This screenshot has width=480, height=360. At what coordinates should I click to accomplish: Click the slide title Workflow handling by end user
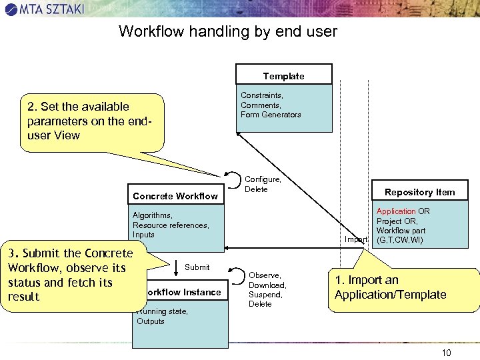pyautogui.click(x=228, y=31)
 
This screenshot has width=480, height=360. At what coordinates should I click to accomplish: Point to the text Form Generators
pyautogui.click(x=271, y=115)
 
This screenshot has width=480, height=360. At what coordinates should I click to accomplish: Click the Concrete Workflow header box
pyautogui.click(x=175, y=195)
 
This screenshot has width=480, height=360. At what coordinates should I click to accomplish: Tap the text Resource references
pyautogui.click(x=171, y=225)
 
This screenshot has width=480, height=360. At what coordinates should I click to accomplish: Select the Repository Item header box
pyautogui.click(x=419, y=191)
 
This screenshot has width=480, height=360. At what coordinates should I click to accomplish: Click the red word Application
pyautogui.click(x=396, y=211)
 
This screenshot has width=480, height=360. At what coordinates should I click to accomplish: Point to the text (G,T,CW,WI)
pyautogui.click(x=400, y=240)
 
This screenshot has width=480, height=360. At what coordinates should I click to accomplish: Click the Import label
pyautogui.click(x=356, y=239)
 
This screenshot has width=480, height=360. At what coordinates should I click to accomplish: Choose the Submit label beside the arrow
pyautogui.click(x=197, y=267)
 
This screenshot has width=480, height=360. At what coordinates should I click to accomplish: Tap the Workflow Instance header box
pyautogui.click(x=181, y=292)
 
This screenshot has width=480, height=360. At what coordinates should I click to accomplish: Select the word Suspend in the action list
pyautogui.click(x=265, y=294)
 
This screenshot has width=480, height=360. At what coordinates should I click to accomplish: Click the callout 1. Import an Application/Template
pyautogui.click(x=403, y=288)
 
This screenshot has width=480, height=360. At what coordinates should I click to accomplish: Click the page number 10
pyautogui.click(x=445, y=352)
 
